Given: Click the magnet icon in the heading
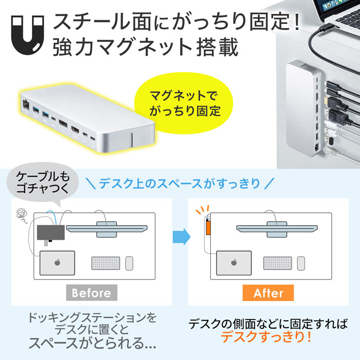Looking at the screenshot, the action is coord(28,34).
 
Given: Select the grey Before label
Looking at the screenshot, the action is coord(91,293).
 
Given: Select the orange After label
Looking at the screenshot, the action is coord(268,293).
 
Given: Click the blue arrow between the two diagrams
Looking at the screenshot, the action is coord(179,236).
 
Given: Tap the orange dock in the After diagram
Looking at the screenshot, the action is coord(208,228).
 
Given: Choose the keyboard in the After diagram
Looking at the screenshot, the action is coord(278,263).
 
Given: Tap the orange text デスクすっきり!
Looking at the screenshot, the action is coord(269,337).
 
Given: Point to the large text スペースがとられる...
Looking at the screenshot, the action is coord(92,343).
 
